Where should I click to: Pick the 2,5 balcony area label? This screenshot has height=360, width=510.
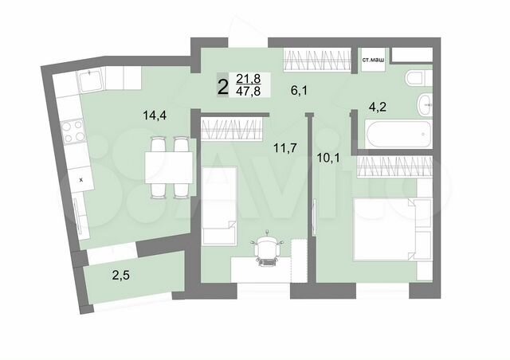[x=120, y=276]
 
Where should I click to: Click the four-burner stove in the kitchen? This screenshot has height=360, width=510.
[x=75, y=131]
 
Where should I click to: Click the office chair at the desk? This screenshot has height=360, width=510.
[x=268, y=249]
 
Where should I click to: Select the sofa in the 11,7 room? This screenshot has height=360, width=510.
[x=218, y=205]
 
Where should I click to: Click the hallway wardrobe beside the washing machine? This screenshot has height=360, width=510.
[x=318, y=61]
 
